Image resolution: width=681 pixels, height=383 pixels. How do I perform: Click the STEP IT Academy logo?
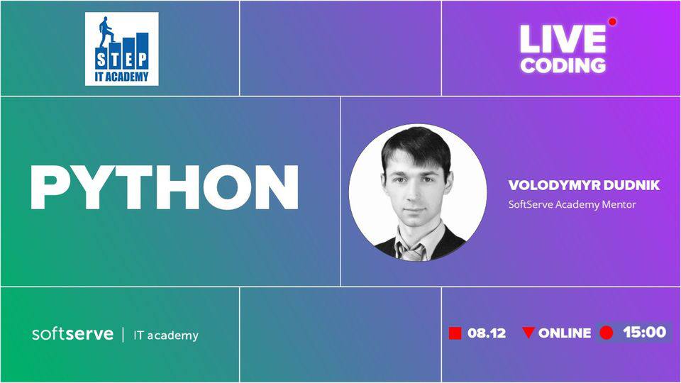(x=121, y=49)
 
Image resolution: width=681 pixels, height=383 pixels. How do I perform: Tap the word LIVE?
(x=563, y=39)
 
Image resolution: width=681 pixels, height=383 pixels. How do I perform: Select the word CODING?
(x=563, y=65)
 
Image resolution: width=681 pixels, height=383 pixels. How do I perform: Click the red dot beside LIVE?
(x=612, y=22)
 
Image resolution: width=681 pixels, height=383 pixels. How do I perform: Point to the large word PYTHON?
(x=165, y=187)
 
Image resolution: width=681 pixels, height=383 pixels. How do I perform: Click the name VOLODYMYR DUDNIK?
(x=584, y=185)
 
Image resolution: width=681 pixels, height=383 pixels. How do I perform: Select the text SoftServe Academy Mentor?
(x=572, y=204)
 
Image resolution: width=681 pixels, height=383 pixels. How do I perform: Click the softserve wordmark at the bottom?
(x=72, y=334)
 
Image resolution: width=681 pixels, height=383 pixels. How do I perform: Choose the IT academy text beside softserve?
(x=166, y=335)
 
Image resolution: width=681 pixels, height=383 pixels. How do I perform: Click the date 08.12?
(x=487, y=333)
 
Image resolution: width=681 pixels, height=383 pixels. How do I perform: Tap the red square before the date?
(x=455, y=333)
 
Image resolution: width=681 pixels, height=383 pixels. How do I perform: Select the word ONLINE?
(x=565, y=333)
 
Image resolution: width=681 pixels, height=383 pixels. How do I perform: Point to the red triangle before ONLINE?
(x=528, y=332)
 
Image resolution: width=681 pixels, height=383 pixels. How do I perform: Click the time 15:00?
(x=645, y=332)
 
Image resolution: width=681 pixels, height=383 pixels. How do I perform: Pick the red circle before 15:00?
(x=607, y=333)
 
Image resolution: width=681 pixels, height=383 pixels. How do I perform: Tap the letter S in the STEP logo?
(x=101, y=60)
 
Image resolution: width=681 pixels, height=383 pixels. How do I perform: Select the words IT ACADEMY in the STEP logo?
(x=121, y=77)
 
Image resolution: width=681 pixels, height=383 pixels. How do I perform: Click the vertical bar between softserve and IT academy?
(x=123, y=335)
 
